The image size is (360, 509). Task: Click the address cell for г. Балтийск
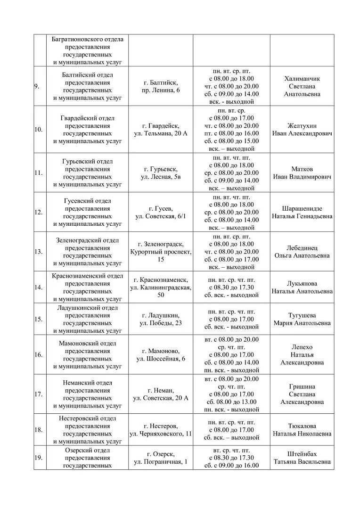[x=161, y=86]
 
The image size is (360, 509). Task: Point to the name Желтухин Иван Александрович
[x=302, y=130]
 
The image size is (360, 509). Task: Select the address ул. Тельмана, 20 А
[x=161, y=133]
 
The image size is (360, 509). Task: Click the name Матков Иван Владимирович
[x=302, y=172]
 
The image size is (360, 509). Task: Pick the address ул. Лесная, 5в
[x=161, y=177]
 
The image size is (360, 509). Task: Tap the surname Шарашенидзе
[x=302, y=208]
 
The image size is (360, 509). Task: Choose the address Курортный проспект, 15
[x=161, y=255]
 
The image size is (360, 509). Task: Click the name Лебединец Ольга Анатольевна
[x=302, y=252]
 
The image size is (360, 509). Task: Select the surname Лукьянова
[x=302, y=283]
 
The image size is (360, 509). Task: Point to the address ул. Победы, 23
[x=161, y=323]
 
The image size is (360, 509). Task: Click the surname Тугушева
[x=302, y=315]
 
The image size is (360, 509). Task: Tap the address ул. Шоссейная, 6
[x=161, y=359]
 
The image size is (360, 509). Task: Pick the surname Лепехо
[x=302, y=347]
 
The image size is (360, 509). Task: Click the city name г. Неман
[x=161, y=390]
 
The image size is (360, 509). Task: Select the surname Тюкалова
[x=302, y=426]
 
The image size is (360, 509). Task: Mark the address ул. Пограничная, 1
[x=161, y=462]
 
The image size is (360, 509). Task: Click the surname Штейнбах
[x=302, y=454]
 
